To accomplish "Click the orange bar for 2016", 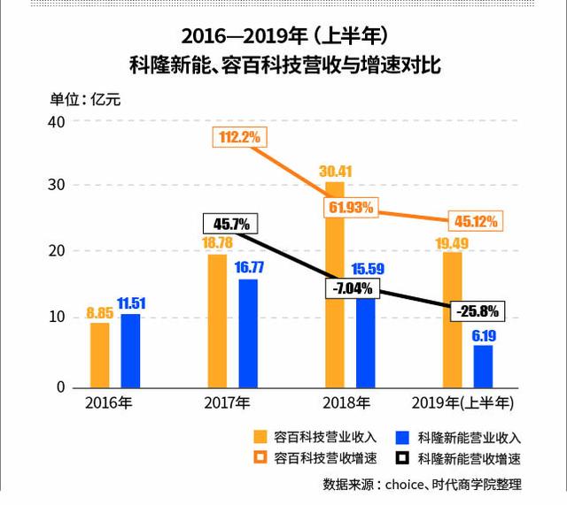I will pyautogui.click(x=100, y=355).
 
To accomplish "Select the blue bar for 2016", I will pyautogui.click(x=130, y=350).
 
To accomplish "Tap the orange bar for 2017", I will pyautogui.click(x=217, y=320).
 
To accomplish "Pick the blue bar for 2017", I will pyautogui.click(x=248, y=333).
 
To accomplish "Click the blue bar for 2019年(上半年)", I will pyautogui.click(x=483, y=366).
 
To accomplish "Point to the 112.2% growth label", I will pyautogui.click(x=238, y=137).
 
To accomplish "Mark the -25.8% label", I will pyautogui.click(x=475, y=310).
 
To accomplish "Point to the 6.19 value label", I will pyautogui.click(x=484, y=335).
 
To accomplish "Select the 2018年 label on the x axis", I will pyautogui.click(x=347, y=402).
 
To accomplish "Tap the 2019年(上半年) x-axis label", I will pyautogui.click(x=466, y=402).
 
